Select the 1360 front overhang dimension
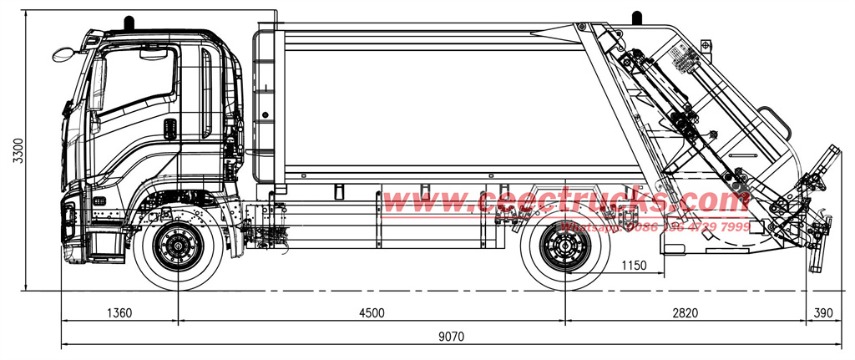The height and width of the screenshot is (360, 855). [x=119, y=312]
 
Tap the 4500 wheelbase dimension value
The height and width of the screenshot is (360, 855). [x=372, y=312]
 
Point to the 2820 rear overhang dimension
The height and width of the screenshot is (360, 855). [x=686, y=312]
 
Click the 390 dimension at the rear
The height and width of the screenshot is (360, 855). [x=822, y=312]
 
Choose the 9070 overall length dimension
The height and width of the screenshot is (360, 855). [x=451, y=337]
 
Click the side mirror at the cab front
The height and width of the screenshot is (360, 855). [x=62, y=54]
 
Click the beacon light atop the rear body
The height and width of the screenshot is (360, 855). [x=637, y=17]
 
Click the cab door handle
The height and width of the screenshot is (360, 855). [x=169, y=129]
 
